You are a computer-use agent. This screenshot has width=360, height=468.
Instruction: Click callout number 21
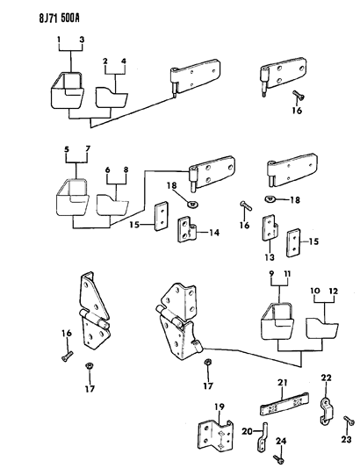283,382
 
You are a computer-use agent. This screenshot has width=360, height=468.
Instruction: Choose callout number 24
281,441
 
